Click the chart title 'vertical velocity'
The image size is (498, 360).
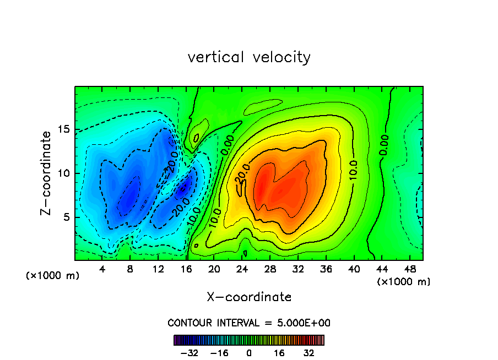(x=249, y=57)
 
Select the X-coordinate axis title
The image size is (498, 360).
(x=249, y=297)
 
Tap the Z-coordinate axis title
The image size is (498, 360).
(x=47, y=173)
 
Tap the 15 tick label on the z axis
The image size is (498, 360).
(x=62, y=129)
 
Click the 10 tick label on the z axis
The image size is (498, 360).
(x=62, y=173)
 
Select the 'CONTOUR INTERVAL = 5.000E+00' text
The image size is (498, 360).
(x=249, y=323)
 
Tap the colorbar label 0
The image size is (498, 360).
(x=249, y=353)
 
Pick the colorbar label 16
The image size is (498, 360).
(x=279, y=353)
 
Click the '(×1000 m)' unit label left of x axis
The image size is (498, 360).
(x=53, y=276)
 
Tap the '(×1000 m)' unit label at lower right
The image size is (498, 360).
(x=404, y=282)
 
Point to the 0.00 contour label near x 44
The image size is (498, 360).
(x=384, y=145)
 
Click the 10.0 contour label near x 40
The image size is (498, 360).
(x=353, y=171)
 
